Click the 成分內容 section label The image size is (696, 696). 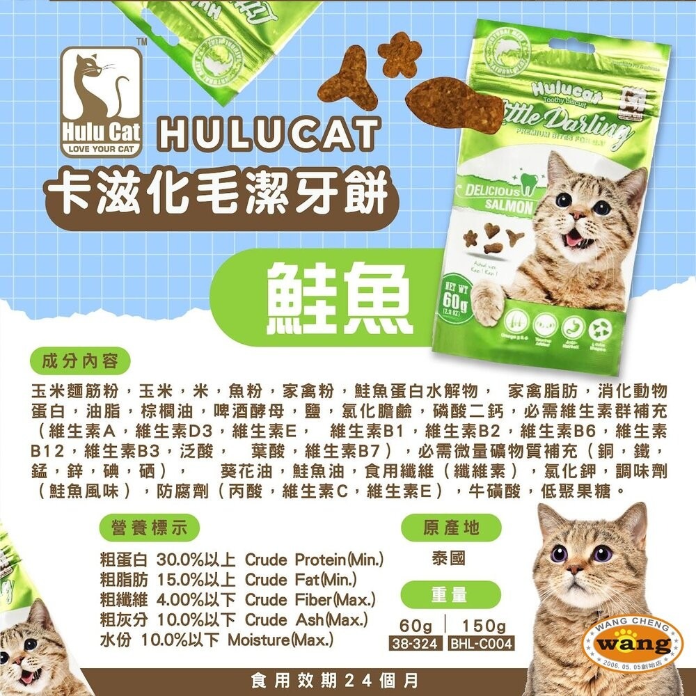click(x=81, y=362)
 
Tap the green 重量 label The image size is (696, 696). click(x=451, y=596)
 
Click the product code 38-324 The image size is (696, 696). click(x=414, y=644)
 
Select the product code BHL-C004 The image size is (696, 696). click(x=481, y=644)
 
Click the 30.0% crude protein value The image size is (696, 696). click(x=180, y=560)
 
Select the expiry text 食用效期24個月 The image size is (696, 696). click(x=348, y=679)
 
